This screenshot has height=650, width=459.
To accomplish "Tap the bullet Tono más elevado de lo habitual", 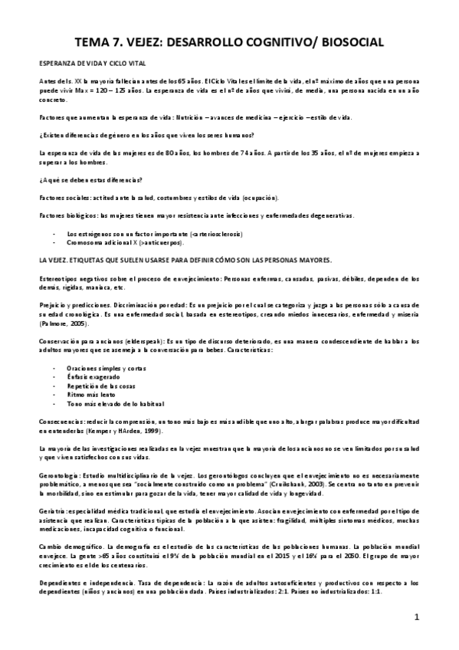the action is click(x=115, y=404).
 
